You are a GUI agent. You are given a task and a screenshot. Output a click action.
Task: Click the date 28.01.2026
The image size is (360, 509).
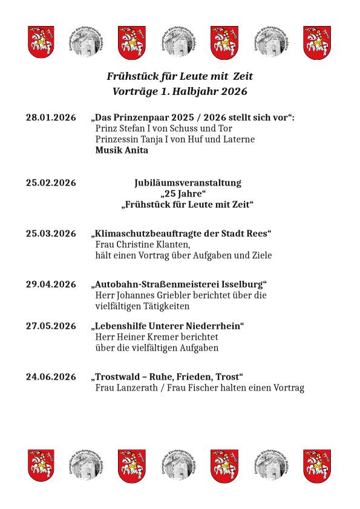pyautogui.click(x=51, y=117)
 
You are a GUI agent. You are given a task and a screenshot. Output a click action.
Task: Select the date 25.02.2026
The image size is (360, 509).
pyautogui.click(x=51, y=183)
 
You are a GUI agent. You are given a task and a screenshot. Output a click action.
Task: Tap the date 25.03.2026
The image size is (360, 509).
pyautogui.click(x=51, y=233)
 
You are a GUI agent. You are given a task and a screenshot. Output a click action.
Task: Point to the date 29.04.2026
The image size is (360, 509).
pyautogui.click(x=51, y=284)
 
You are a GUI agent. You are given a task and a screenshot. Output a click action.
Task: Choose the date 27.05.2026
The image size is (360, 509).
pyautogui.click(x=51, y=326)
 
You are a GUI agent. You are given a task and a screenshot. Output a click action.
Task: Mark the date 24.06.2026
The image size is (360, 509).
pyautogui.click(x=51, y=377)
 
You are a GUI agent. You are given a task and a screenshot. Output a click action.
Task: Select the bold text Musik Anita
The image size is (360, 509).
pyautogui.click(x=122, y=151)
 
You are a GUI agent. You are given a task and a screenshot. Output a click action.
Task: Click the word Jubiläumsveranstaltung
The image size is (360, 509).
pyautogui.click(x=187, y=183)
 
